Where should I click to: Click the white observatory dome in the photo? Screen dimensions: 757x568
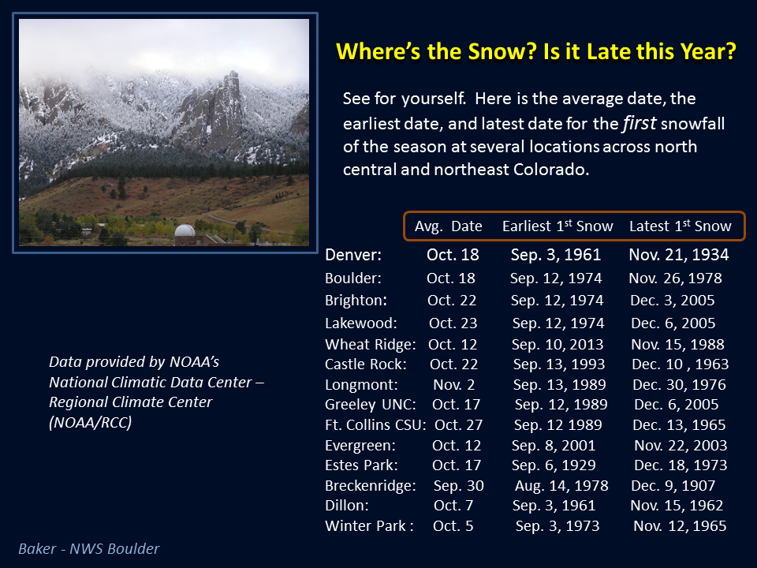click(x=185, y=230)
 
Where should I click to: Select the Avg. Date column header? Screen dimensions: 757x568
click(x=448, y=226)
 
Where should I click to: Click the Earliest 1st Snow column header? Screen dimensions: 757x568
click(x=557, y=226)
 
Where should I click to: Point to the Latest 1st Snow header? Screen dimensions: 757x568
click(x=681, y=226)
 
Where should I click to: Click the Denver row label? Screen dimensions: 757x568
click(x=353, y=255)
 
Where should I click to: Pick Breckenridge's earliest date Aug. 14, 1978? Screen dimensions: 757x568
click(x=561, y=485)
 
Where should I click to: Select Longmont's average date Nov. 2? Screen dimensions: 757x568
click(x=454, y=384)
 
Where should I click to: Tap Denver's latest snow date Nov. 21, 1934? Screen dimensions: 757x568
click(x=679, y=255)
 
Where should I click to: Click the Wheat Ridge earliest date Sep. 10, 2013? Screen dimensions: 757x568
click(x=557, y=345)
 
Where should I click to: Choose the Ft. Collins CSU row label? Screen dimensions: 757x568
click(x=375, y=424)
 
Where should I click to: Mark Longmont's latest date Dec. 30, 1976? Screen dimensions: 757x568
click(x=679, y=384)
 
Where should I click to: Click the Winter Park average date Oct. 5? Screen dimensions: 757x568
click(x=453, y=525)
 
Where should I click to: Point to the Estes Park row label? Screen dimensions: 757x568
click(x=361, y=465)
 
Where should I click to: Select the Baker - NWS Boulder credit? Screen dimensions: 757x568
click(x=89, y=549)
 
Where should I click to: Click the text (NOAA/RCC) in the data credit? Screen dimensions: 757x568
click(x=90, y=423)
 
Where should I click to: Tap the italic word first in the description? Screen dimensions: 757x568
click(x=640, y=123)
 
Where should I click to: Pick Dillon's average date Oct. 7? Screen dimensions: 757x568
click(x=453, y=505)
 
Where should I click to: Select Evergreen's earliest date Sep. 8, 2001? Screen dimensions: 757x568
click(x=554, y=445)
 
